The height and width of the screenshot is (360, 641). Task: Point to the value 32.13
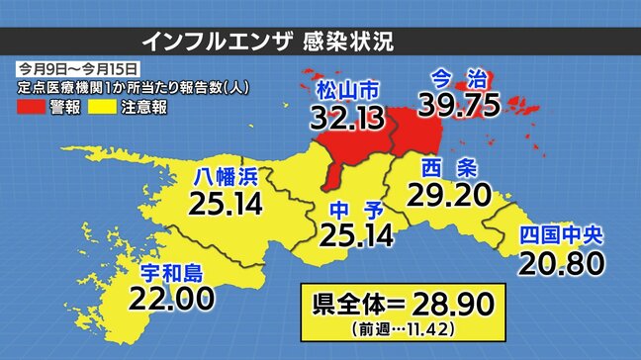click(338, 121)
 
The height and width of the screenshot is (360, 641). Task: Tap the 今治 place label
click(461, 76)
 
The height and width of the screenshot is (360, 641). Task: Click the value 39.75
click(461, 104)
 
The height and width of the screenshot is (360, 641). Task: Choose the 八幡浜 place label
click(226, 178)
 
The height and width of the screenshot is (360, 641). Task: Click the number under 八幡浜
click(227, 205)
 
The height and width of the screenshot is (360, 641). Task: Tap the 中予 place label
click(353, 209)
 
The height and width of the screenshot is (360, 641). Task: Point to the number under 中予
click(353, 235)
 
